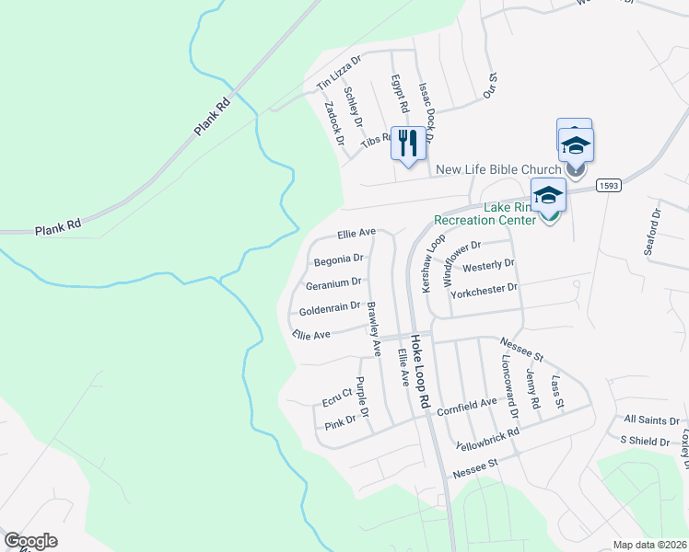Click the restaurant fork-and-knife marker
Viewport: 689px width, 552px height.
(x=408, y=143)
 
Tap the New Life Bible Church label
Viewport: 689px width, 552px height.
(x=498, y=169)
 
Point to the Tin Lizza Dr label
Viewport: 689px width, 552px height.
(x=339, y=71)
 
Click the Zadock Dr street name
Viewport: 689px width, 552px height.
(x=333, y=123)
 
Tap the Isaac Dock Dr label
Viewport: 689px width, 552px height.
(x=425, y=109)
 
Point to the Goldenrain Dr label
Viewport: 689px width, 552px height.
(x=329, y=310)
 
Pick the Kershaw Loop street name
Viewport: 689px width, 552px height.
(x=430, y=264)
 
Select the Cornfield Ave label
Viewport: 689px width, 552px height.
(x=467, y=407)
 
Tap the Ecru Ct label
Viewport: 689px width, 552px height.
(x=337, y=396)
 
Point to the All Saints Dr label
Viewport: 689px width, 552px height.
(x=651, y=420)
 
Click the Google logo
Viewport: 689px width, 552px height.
(x=30, y=541)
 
